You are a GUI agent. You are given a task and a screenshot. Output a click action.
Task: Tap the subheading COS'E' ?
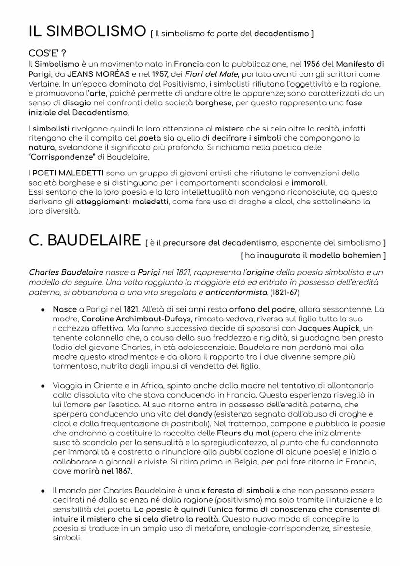pyautogui.click(x=47, y=53)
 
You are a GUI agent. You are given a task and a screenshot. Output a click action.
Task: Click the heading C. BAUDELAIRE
pyautogui.click(x=85, y=240)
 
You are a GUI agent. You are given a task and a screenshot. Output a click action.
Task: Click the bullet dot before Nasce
pyautogui.click(x=43, y=309)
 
